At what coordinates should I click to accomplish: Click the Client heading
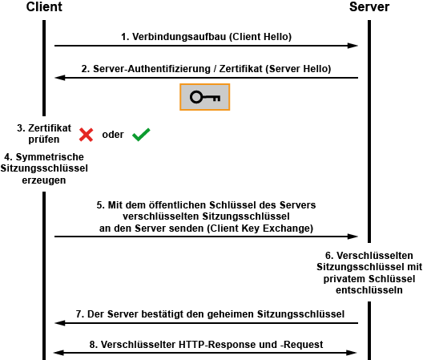(44, 6)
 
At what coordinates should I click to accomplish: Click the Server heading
(369, 6)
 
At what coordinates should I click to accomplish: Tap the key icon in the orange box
(205, 97)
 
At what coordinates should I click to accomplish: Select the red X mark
(86, 135)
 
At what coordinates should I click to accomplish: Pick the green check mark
(141, 135)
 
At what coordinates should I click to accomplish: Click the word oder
(113, 135)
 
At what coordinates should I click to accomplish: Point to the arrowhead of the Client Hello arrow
(352, 46)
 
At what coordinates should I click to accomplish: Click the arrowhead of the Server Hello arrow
(60, 78)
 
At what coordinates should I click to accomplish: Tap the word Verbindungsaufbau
(179, 37)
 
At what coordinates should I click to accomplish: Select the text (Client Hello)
(260, 37)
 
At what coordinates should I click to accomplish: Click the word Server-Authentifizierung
(151, 69)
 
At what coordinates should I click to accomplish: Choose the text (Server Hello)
(298, 69)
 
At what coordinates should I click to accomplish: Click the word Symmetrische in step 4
(50, 157)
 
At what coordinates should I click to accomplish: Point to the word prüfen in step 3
(44, 140)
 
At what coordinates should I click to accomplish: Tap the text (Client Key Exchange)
(260, 229)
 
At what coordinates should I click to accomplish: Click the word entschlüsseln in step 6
(369, 290)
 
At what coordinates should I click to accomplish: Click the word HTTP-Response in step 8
(228, 345)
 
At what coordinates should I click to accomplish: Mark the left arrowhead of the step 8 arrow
(59, 353)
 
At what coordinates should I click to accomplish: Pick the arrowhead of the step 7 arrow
(60, 323)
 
